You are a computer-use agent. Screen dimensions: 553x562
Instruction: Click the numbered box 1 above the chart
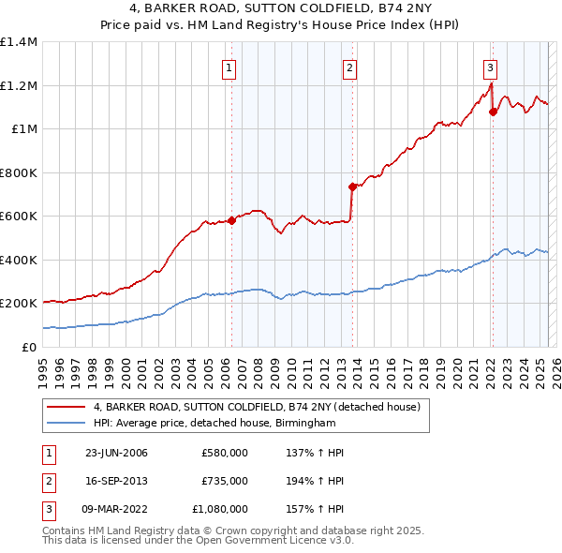tap(229, 67)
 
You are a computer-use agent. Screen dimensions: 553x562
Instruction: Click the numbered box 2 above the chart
tap(348, 67)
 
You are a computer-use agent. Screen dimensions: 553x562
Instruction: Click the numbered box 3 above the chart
tap(490, 67)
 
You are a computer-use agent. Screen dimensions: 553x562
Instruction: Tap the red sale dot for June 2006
tap(231, 221)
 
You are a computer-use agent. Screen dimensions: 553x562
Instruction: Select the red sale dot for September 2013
tap(351, 187)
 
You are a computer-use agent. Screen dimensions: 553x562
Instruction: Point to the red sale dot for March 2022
tap(493, 112)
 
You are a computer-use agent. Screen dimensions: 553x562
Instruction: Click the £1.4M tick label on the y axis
tap(19, 42)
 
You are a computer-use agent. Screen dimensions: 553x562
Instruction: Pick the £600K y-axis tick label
tap(19, 217)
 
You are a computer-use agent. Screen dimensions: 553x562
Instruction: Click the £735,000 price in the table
tap(225, 481)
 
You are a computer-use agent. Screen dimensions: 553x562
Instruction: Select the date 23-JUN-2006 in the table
tap(116, 453)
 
